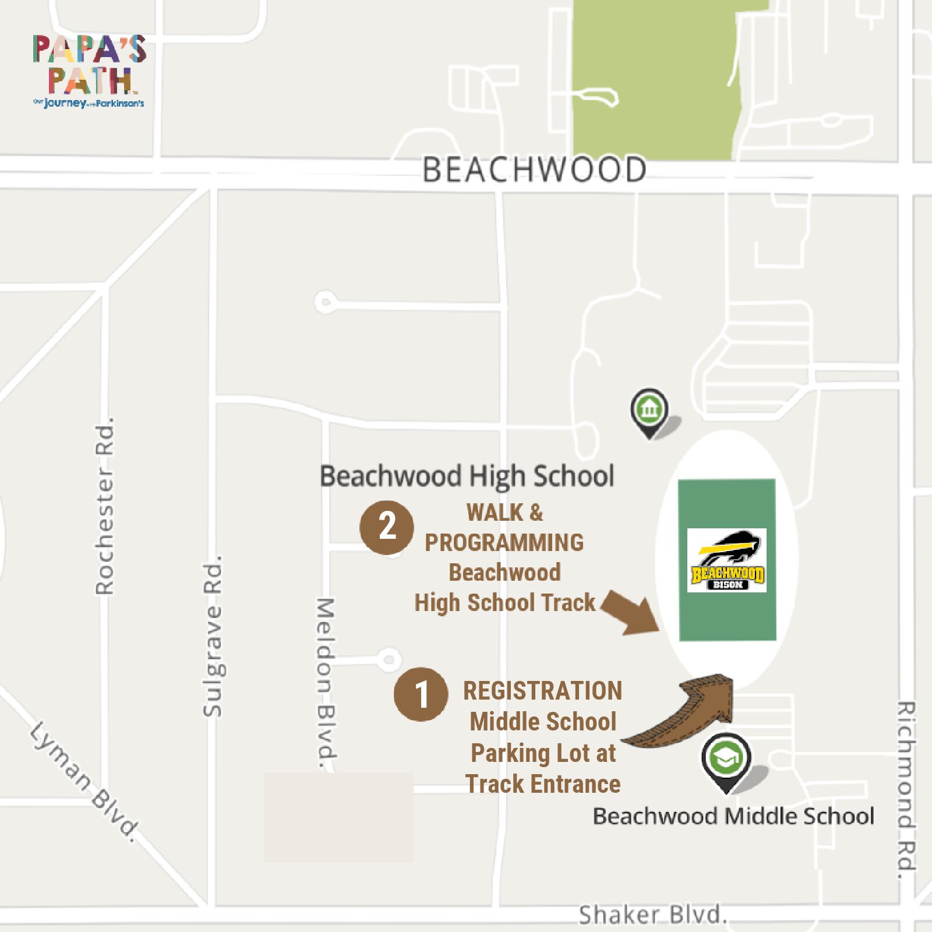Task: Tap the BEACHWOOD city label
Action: pos(534,170)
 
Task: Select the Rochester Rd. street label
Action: pos(105,506)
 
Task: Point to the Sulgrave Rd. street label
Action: pos(213,637)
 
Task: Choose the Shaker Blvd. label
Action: pos(652,915)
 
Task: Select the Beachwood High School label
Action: pos(467,476)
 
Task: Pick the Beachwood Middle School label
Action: pos(733,816)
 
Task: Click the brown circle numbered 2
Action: pos(387,527)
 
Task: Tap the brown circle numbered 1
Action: pos(421,694)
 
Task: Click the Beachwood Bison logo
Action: pos(727,560)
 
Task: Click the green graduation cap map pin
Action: pos(726,759)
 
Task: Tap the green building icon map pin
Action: pos(649,409)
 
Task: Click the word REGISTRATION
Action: pos(542,691)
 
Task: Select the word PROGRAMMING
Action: pos(504,543)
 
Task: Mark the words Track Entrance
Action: pos(543,784)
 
